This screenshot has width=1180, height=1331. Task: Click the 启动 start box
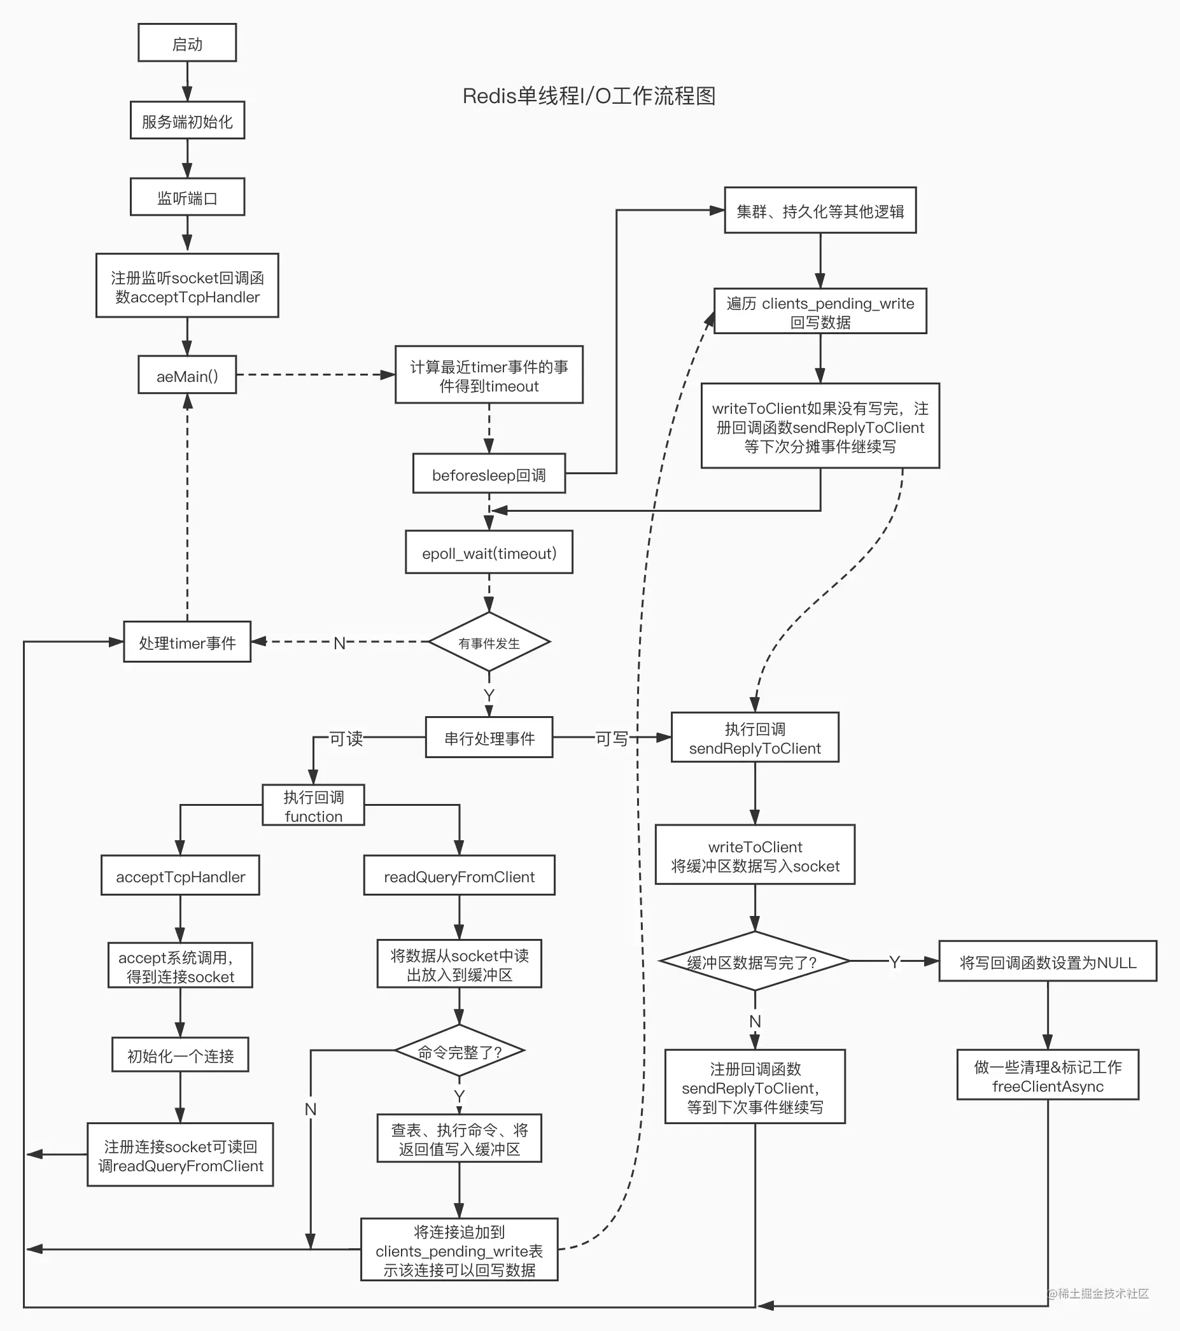[187, 43]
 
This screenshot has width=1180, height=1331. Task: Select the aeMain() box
[187, 375]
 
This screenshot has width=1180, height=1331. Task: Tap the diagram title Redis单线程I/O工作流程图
[589, 96]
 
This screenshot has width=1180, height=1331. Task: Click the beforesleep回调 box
[488, 474]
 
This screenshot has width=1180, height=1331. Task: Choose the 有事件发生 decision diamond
[488, 642]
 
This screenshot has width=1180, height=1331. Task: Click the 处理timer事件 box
[187, 642]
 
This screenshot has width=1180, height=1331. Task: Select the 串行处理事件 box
[488, 737]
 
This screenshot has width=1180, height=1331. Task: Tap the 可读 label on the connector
[345, 738]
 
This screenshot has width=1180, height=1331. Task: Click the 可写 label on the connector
[612, 738]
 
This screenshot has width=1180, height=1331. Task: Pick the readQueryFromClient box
[458, 876]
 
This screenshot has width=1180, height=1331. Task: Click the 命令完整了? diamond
[458, 1051]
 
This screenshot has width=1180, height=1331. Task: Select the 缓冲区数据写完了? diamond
[754, 962]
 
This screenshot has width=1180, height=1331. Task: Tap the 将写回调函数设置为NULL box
[1047, 962]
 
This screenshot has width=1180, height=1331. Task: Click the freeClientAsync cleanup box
[1047, 1076]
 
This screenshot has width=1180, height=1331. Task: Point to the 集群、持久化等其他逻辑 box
[820, 210]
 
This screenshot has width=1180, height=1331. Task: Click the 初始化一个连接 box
[179, 1055]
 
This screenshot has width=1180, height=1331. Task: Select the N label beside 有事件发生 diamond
[339, 643]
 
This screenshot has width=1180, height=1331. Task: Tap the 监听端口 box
[187, 197]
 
